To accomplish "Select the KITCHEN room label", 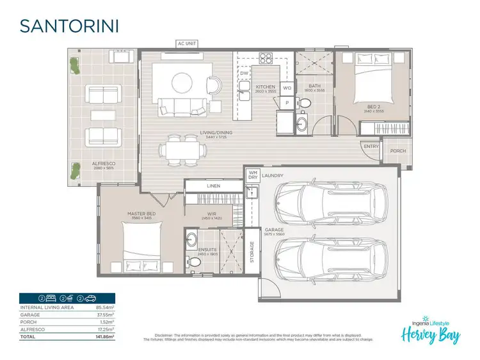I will coord(265,87).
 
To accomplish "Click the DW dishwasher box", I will coord(244,74).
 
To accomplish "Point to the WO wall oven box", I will coord(287,88).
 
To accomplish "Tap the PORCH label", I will coord(397,151).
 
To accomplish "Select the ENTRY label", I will coord(371,146).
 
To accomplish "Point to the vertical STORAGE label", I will coord(252,252).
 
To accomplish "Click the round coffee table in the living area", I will coord(181,81).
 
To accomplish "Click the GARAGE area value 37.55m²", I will coord(105,315).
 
